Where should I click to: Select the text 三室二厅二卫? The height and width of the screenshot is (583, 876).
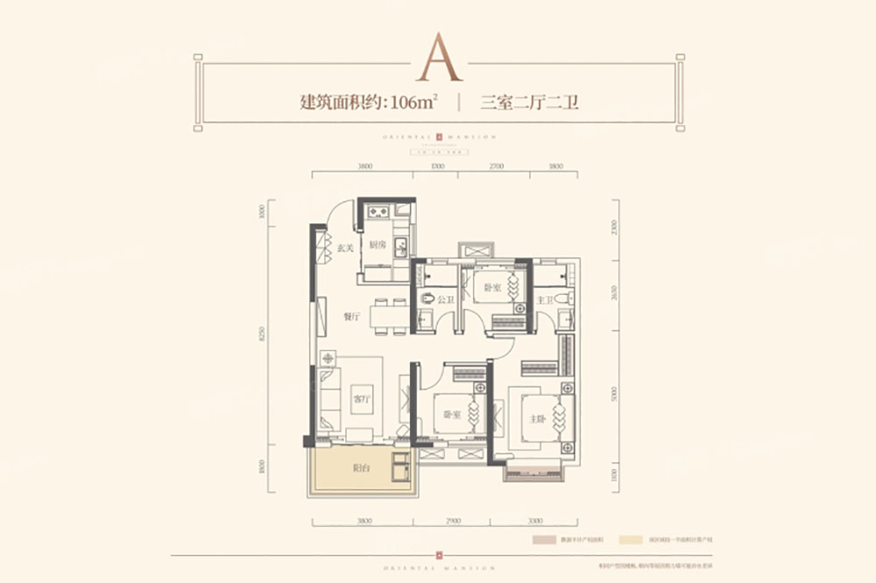[532, 102]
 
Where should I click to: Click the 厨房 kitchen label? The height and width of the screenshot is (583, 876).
[377, 246]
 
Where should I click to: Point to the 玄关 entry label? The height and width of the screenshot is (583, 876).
[344, 248]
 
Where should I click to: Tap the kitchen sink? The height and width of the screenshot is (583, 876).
[400, 244]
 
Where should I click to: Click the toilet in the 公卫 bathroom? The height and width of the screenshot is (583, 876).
[427, 299]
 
